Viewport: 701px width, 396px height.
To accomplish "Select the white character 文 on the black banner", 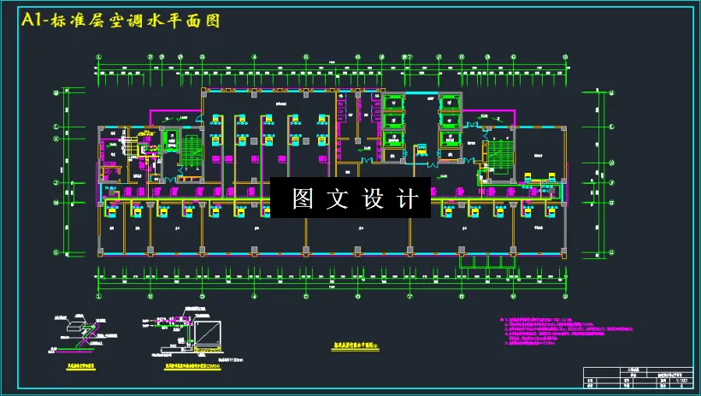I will pyautogui.click(x=341, y=199).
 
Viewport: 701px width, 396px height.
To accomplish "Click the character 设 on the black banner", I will pyautogui.click(x=376, y=199).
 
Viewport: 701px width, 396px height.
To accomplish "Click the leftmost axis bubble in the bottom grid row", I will pyautogui.click(x=99, y=297).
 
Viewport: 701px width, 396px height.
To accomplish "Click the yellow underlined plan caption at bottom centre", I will pyautogui.click(x=358, y=346).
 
